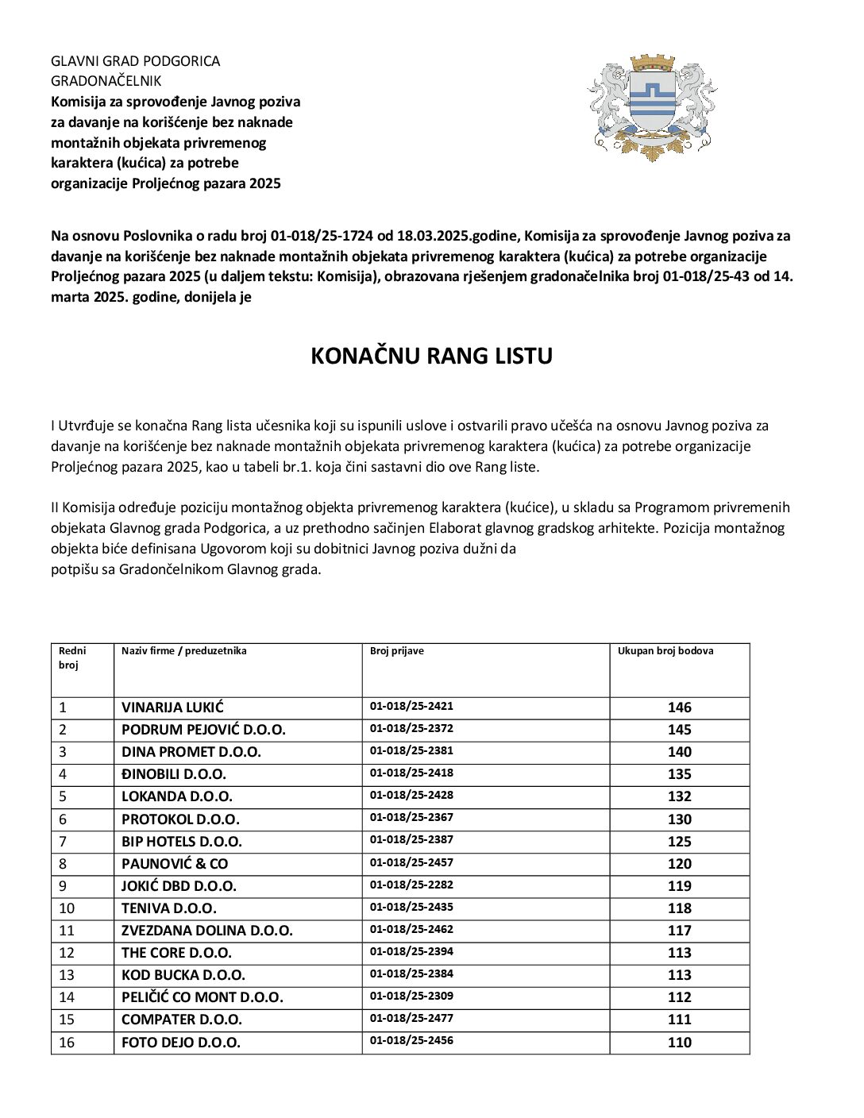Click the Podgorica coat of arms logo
(x=652, y=108)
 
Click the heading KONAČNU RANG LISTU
(x=431, y=356)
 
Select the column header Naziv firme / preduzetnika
(x=183, y=651)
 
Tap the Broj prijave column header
(x=396, y=651)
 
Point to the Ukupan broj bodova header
(x=665, y=651)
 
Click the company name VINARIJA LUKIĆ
(x=172, y=707)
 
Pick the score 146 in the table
(x=679, y=707)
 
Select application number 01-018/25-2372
(x=411, y=728)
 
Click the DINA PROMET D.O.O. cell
(x=191, y=752)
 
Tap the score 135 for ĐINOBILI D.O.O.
(x=679, y=774)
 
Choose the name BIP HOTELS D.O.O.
(x=182, y=842)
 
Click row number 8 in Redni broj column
(x=63, y=864)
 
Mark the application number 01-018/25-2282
(x=411, y=885)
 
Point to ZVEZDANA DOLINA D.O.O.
(x=206, y=931)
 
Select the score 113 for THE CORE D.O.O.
(x=679, y=953)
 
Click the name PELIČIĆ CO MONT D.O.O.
(x=202, y=997)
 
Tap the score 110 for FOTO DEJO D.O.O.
(x=679, y=1043)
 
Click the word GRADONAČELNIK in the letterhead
(x=106, y=81)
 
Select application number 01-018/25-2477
(x=411, y=1018)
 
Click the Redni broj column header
(x=72, y=658)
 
